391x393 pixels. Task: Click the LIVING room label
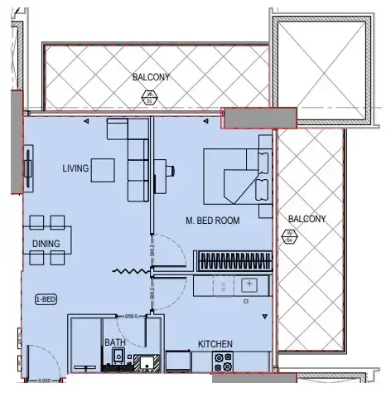pos(75,169)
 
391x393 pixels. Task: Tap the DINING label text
pos(46,243)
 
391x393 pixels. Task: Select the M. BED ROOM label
pos(212,221)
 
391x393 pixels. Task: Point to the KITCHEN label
pos(215,343)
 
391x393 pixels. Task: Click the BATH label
pos(113,342)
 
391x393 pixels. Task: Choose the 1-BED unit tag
pos(45,298)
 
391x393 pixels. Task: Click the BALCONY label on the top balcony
pos(151,77)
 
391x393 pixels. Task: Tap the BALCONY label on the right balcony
pos(307,219)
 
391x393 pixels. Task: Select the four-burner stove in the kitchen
pos(224,361)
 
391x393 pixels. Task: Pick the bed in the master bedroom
pos(238,175)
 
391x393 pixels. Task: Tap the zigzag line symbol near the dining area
pos(128,271)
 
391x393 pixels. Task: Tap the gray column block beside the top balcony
pos(251,119)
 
